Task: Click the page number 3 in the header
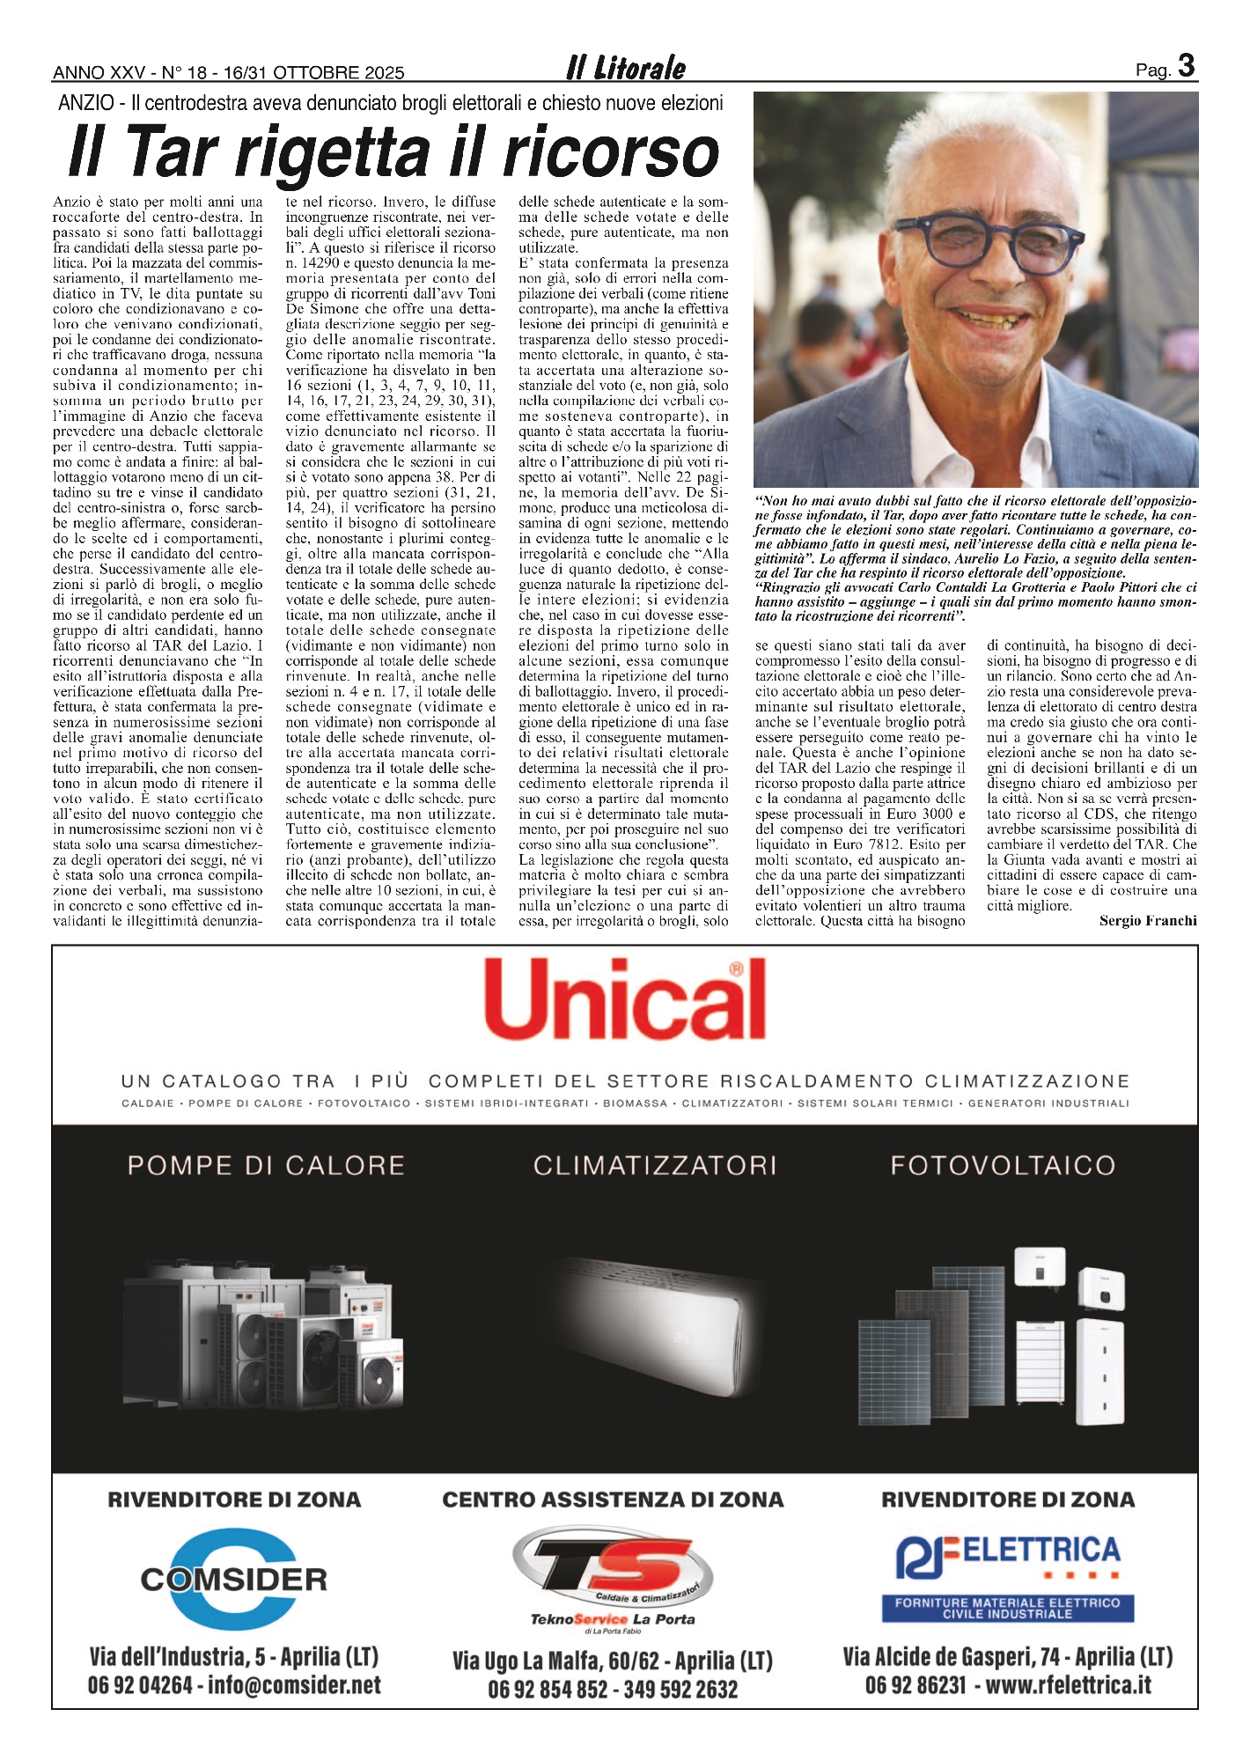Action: [x=1186, y=66]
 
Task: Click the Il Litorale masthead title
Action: [x=626, y=68]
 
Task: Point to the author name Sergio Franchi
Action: [x=1148, y=921]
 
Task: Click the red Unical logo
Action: [x=625, y=1001]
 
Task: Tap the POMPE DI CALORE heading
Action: [x=266, y=1166]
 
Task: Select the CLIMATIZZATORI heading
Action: [x=655, y=1166]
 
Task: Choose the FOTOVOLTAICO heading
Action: [x=1003, y=1166]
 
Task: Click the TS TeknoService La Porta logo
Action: [x=613, y=1577]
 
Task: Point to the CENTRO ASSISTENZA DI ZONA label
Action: [x=613, y=1499]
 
